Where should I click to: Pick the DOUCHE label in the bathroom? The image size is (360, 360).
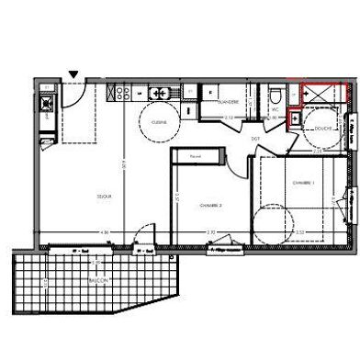coord(322,129)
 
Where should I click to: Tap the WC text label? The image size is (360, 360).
coord(275,109)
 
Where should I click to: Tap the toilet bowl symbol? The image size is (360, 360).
coord(276,94)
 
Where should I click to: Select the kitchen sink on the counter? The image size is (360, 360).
coord(159,92)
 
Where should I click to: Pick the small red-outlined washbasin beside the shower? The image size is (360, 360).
coord(296,118)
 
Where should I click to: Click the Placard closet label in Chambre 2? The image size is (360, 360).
coord(195,157)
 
